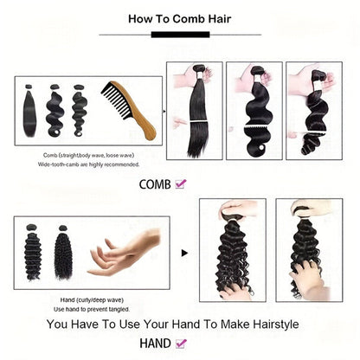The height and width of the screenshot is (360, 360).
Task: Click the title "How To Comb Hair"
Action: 179,17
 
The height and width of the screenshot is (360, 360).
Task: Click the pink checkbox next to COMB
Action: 181,183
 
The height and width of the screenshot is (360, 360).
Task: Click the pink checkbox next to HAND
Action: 180,344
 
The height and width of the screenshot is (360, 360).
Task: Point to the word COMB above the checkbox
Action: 155,183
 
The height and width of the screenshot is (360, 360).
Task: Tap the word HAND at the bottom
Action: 155,344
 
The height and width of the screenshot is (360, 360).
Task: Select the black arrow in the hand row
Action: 185,254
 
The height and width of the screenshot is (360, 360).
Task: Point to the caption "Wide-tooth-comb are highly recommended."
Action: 89,164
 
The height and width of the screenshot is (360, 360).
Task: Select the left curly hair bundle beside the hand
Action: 35,252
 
